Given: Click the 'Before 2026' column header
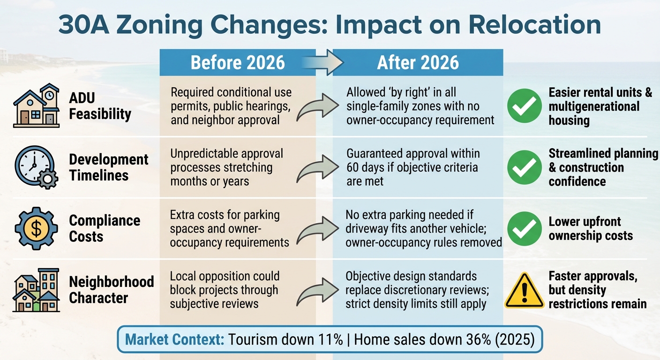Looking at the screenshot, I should [x=238, y=63].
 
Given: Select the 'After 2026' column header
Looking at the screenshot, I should [x=418, y=63].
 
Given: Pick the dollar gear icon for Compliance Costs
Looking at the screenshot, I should [x=36, y=228].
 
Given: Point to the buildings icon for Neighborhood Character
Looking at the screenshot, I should [x=37, y=290].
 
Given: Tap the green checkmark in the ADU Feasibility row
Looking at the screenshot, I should [x=525, y=106].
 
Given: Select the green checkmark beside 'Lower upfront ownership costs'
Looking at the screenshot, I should [x=525, y=228].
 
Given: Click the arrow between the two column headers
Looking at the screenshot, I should [x=324, y=63].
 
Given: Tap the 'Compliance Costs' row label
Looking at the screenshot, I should [x=105, y=228].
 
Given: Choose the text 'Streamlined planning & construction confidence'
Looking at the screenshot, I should [x=603, y=167].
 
